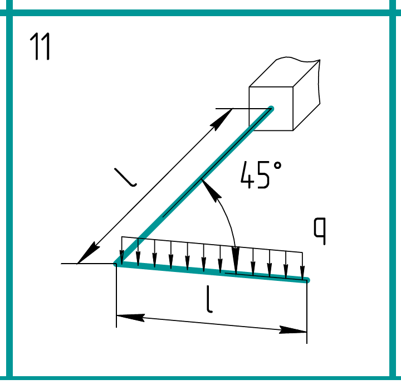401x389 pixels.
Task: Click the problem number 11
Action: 40,46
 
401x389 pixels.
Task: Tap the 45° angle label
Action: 261,175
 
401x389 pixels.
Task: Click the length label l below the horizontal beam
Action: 209,299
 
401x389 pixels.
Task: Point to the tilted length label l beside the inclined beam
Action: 125,177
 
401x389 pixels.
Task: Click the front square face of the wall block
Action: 271,109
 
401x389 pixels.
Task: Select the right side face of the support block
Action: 306,95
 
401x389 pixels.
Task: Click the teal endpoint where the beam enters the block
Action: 271,109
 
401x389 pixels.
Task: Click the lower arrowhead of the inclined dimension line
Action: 88,252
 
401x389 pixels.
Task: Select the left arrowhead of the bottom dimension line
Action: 130,318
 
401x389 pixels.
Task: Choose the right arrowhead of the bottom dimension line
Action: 293,330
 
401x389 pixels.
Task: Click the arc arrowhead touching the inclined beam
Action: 211,188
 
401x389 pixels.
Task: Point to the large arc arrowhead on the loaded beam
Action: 236,260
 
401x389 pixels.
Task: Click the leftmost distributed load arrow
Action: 122,250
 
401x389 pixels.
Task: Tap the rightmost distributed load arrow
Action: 302,266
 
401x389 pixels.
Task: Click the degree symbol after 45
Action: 277,166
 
